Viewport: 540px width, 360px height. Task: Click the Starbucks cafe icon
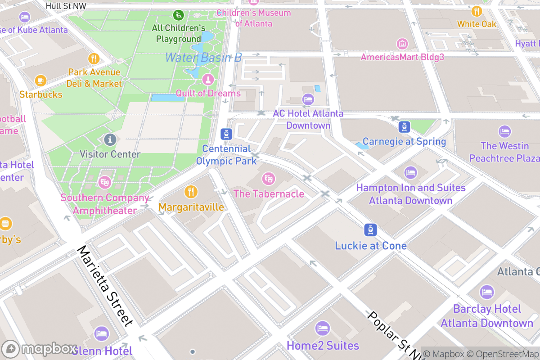[40, 81]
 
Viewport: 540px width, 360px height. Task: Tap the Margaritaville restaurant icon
[191, 192]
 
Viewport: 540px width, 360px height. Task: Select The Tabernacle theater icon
[269, 179]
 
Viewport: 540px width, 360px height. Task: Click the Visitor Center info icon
[110, 139]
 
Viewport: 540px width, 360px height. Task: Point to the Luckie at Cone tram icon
[370, 230]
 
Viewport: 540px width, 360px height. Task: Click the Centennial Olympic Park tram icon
[226, 134]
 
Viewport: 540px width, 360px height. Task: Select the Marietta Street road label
[106, 285]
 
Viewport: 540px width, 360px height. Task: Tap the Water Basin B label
[203, 58]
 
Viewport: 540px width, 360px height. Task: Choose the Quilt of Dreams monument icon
[208, 80]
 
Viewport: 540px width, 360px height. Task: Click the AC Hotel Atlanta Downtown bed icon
[308, 99]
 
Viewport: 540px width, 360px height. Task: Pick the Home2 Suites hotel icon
[323, 328]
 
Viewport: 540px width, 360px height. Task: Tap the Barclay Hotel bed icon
[486, 292]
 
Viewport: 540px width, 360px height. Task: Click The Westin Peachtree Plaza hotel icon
[505, 132]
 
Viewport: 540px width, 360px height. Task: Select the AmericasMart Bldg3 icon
[402, 44]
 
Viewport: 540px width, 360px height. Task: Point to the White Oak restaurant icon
[477, 11]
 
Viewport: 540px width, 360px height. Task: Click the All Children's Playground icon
[179, 15]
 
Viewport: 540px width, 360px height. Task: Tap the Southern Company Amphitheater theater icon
[105, 182]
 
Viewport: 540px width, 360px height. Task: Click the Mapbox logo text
[49, 349]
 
